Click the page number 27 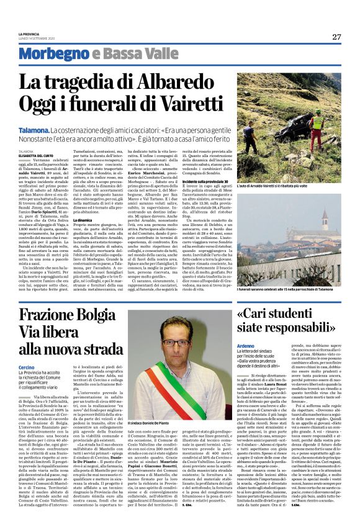pyautogui.click(x=336, y=37)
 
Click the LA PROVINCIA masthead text pyautogui.click(x=29, y=34)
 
